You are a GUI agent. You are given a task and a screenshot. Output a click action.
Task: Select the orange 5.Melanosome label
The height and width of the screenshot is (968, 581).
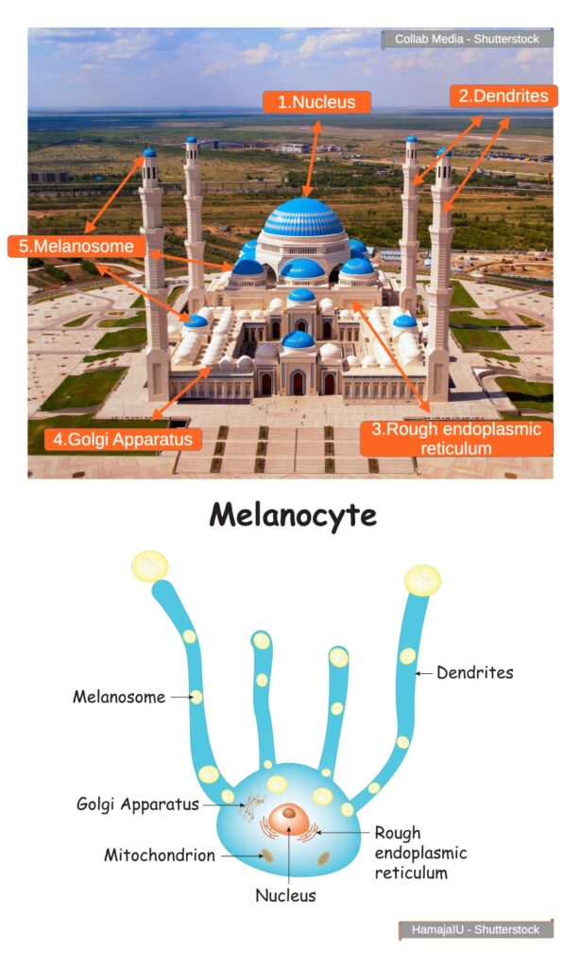[77, 246]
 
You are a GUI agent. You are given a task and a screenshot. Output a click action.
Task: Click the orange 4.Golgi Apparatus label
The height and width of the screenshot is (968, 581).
[123, 440]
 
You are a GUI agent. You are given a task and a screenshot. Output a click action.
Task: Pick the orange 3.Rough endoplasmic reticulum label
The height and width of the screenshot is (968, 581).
[456, 439]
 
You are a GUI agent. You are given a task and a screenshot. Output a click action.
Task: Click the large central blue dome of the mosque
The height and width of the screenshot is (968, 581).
[302, 218]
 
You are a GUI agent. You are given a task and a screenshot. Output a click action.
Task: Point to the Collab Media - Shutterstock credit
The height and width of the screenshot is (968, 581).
[466, 40]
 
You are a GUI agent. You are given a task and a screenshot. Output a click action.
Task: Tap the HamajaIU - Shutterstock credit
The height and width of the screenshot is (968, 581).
[475, 929]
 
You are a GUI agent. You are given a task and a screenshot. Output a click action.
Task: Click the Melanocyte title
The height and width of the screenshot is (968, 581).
[292, 515]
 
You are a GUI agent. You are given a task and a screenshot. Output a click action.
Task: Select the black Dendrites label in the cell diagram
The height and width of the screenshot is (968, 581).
[474, 673]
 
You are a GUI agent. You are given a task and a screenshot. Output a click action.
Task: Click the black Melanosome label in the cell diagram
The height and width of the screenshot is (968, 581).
[119, 698]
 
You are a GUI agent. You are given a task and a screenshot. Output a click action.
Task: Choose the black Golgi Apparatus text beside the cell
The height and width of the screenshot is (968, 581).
[138, 804]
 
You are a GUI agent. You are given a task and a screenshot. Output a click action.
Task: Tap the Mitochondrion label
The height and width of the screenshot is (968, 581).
[160, 856]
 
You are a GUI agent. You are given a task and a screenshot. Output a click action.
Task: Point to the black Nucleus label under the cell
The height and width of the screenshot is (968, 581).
[285, 894]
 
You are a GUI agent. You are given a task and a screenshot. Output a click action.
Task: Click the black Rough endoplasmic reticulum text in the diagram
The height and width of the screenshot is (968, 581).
[420, 853]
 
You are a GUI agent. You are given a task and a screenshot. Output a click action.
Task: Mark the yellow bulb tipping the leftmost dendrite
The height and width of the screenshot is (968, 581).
[149, 565]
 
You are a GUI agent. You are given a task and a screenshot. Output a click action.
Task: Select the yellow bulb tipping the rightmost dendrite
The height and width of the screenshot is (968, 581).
[422, 579]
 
